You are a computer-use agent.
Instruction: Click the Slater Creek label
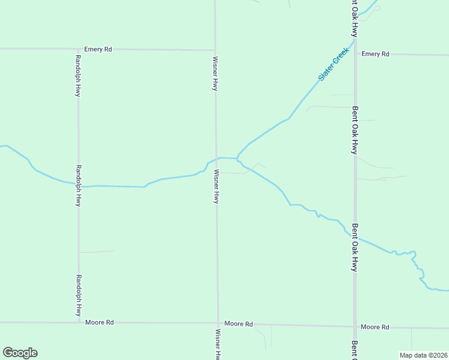[x=333, y=65]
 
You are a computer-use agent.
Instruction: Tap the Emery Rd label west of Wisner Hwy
[x=98, y=49]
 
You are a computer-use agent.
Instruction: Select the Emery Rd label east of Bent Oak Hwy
[x=376, y=54]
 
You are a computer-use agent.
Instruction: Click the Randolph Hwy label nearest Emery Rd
[x=78, y=76]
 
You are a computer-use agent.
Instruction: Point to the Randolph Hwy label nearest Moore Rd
[x=78, y=296]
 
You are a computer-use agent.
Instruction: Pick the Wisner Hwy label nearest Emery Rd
[x=215, y=74]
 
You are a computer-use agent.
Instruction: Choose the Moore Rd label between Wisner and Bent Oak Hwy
[x=238, y=323]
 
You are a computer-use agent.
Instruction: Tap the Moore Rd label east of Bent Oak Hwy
[x=375, y=327]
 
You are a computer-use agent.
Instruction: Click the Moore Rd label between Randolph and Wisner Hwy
[x=100, y=322]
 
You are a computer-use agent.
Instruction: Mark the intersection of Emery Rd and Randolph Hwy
[x=78, y=49]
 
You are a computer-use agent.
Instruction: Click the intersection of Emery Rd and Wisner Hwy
[x=215, y=50]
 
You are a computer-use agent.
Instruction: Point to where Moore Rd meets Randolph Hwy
[x=79, y=322]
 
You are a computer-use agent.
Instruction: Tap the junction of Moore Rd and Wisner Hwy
[x=217, y=323]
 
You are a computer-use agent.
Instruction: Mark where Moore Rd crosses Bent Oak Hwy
[x=355, y=327]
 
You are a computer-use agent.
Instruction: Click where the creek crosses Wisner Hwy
[x=216, y=158]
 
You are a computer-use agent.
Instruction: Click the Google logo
[x=20, y=353]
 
